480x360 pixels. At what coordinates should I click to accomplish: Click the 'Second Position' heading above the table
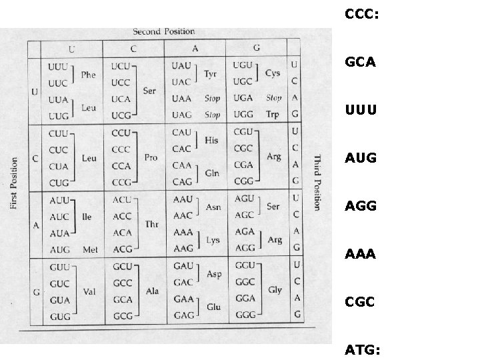tap(163, 31)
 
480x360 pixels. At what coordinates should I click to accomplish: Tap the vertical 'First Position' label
tap(15, 183)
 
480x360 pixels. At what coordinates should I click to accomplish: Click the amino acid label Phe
tap(88, 75)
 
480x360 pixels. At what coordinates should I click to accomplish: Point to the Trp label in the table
tap(273, 115)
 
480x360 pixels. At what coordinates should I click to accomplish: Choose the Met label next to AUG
tap(90, 249)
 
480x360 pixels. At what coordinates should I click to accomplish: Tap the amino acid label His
tap(212, 141)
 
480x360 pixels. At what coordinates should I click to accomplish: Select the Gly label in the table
tap(275, 290)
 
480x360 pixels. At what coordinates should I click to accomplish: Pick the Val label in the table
tap(89, 291)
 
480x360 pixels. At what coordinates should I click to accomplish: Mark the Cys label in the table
tap(273, 73)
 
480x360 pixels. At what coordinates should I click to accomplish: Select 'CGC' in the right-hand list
tap(360, 302)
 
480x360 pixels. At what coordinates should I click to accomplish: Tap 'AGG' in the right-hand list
tap(361, 207)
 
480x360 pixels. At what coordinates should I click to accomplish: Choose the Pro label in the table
tap(151, 157)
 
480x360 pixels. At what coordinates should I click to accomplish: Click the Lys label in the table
tap(213, 240)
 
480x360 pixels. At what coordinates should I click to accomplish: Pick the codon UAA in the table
tap(181, 98)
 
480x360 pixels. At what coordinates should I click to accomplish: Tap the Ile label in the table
tap(87, 217)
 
